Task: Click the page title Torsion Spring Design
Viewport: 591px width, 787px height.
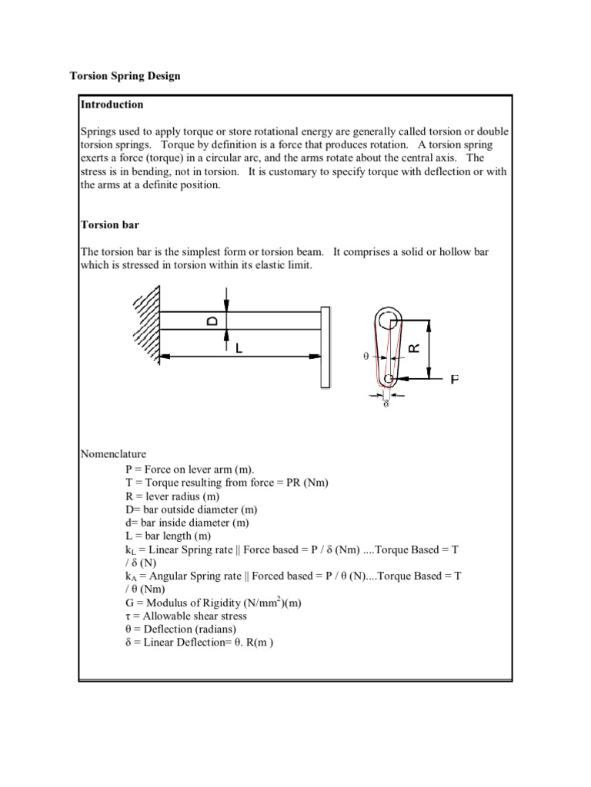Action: pyautogui.click(x=125, y=76)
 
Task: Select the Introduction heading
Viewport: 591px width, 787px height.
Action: pyautogui.click(x=112, y=105)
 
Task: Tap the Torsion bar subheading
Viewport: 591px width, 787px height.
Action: pyautogui.click(x=110, y=225)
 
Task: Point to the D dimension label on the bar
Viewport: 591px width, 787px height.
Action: pyautogui.click(x=212, y=320)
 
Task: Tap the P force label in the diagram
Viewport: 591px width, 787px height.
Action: pyautogui.click(x=455, y=379)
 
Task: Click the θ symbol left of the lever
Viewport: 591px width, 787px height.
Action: pyautogui.click(x=366, y=357)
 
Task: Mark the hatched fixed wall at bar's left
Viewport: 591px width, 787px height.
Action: pyautogui.click(x=147, y=323)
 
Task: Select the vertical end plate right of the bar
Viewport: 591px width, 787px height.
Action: pyautogui.click(x=326, y=346)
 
